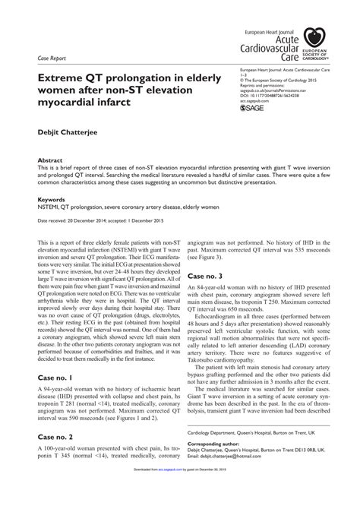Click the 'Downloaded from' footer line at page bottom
click(x=180, y=503)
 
